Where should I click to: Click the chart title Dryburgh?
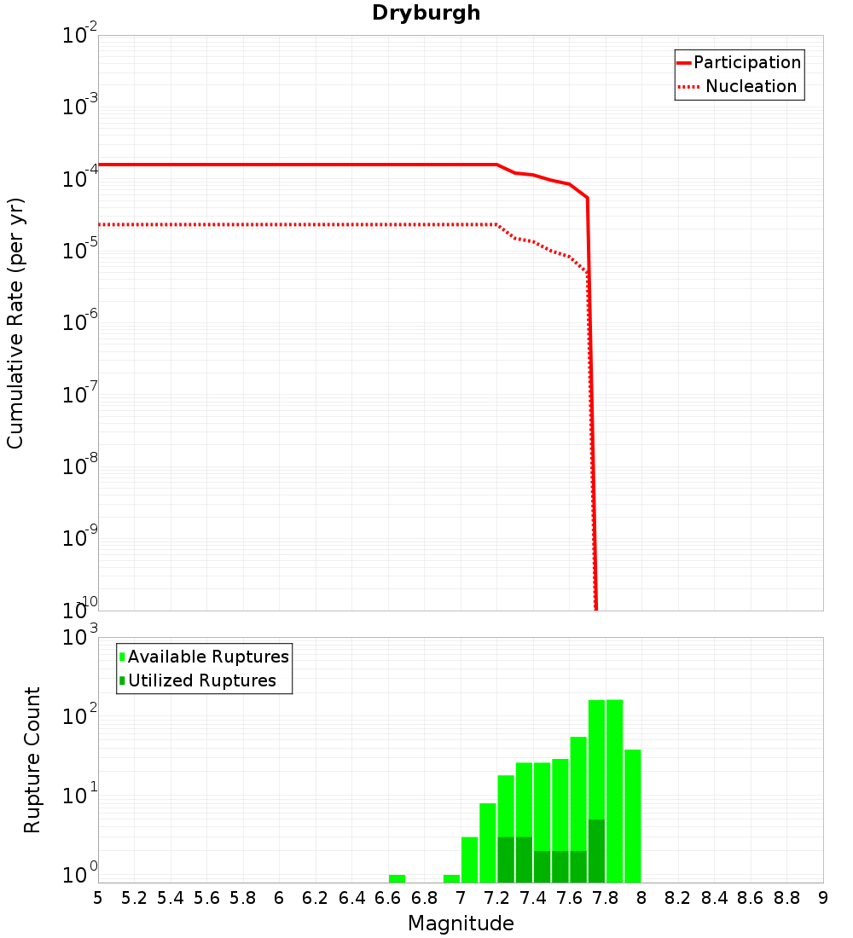coord(426,13)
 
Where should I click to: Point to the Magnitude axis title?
coord(461,924)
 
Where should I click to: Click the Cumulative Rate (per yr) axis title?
coord(15,323)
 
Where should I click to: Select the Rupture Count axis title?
coord(32,760)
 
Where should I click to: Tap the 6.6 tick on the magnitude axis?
coord(388,898)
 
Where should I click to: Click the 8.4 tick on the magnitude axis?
coord(714,898)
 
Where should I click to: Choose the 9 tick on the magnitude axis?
coord(823,898)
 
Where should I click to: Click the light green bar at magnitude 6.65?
coord(397,878)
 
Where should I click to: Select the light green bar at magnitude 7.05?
coord(469,860)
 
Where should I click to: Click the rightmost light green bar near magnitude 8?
coord(632,816)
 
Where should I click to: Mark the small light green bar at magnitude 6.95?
coord(451,878)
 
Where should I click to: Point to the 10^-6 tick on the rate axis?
coord(80,323)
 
